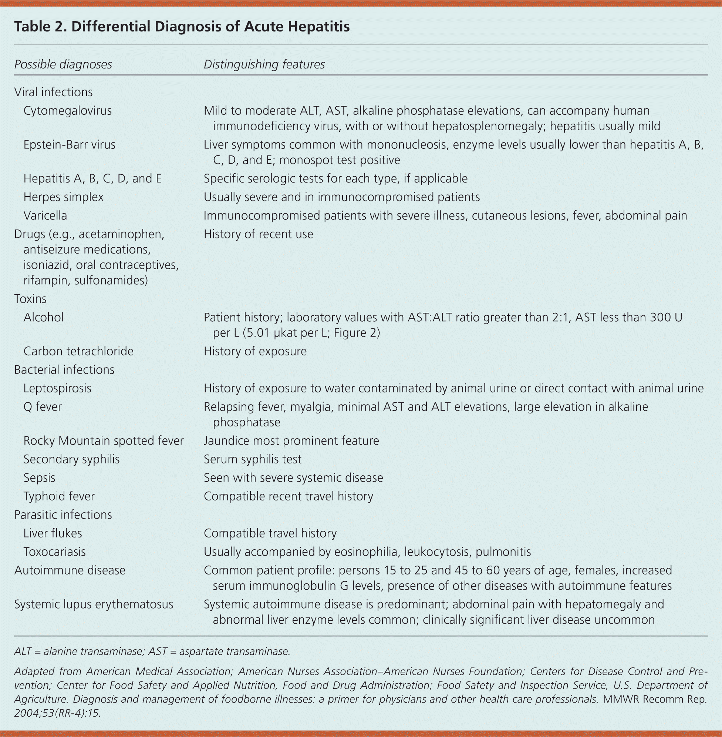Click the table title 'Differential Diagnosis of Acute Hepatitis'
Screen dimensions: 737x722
182,27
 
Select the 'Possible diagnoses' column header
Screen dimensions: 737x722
63,64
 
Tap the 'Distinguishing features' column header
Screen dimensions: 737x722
264,64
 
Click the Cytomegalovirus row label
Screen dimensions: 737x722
67,111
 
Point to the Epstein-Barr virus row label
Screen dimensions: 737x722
70,145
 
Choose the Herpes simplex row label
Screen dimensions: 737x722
63,197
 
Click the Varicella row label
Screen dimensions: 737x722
45,215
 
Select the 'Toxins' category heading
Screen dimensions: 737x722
30,299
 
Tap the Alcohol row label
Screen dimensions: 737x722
44,317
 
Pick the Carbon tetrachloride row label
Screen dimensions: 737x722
78,351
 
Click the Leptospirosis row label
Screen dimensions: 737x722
57,388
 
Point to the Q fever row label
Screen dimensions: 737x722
43,407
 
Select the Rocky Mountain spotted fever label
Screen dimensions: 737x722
104,440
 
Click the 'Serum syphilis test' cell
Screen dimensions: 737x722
253,459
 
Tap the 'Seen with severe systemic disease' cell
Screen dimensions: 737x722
293,478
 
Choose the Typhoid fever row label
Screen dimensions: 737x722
59,496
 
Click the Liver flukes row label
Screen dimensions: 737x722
53,533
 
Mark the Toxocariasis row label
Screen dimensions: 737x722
55,552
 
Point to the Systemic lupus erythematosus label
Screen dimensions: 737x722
94,604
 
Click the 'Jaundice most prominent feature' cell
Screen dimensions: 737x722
291,440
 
